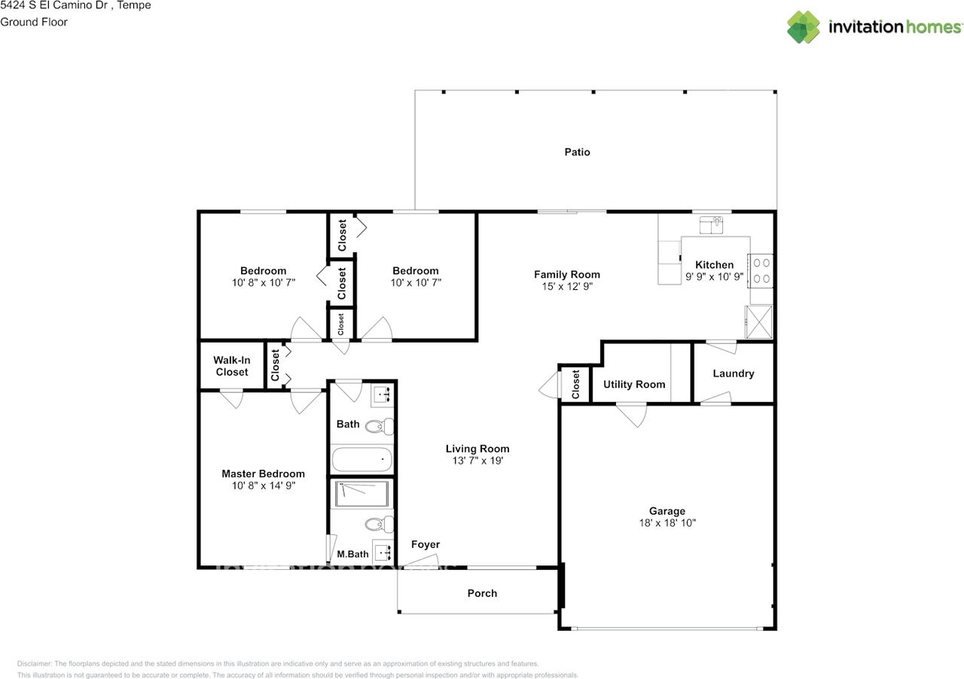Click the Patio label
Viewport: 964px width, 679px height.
[x=577, y=152]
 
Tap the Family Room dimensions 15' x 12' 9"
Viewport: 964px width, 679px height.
[x=567, y=286]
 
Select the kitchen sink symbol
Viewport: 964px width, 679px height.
[x=711, y=225]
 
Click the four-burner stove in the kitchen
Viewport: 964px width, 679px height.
[x=761, y=271]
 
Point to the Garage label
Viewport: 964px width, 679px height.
[x=667, y=511]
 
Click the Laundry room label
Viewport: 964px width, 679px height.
[x=734, y=373]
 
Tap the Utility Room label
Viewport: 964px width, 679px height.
[x=634, y=384]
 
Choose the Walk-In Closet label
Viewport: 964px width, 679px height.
[x=231, y=366]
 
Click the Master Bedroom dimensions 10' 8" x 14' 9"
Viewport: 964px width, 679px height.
[x=264, y=486]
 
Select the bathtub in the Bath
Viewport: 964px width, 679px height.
[x=361, y=459]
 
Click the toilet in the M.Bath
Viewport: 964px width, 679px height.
[x=379, y=524]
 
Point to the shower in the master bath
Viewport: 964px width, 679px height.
[x=361, y=494]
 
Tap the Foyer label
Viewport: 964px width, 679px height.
[x=426, y=544]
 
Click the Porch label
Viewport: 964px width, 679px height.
[x=482, y=593]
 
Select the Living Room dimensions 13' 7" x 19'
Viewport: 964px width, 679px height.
[x=477, y=461]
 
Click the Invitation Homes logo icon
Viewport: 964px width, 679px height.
[x=804, y=27]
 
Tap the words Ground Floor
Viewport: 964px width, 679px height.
[x=34, y=22]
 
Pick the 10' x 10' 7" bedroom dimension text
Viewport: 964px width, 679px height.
[x=416, y=282]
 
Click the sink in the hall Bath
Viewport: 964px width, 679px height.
[x=383, y=395]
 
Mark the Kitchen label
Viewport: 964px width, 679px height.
[x=715, y=265]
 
